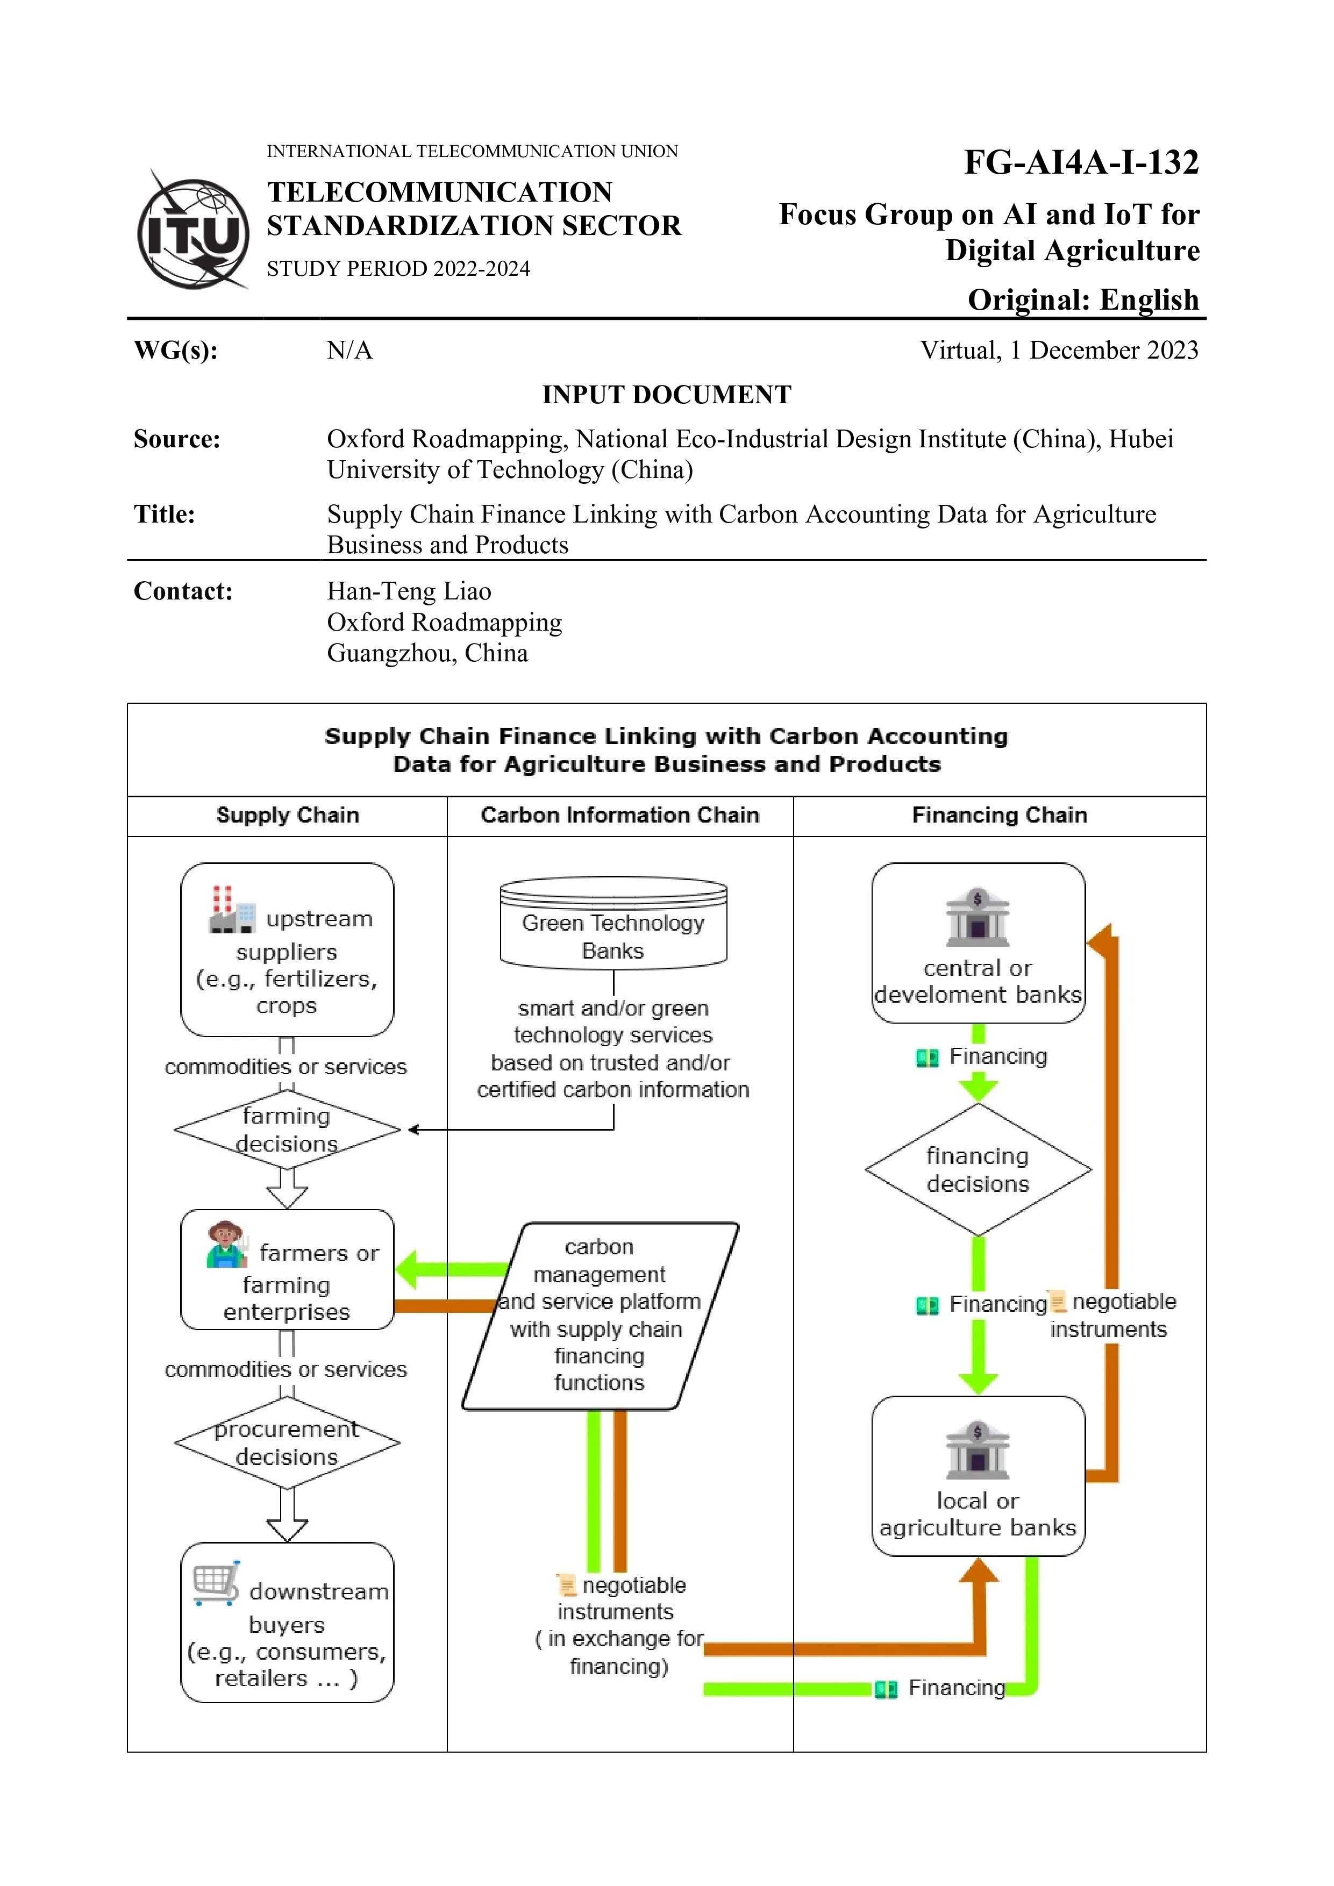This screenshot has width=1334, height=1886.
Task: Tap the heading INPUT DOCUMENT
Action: click(x=666, y=395)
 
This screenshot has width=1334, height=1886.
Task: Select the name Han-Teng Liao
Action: click(x=409, y=591)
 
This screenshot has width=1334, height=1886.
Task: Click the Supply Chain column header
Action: click(x=288, y=816)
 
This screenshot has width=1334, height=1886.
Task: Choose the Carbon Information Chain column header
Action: click(x=619, y=816)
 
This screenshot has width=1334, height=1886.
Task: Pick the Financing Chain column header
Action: click(x=999, y=816)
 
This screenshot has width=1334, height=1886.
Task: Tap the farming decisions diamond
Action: click(x=287, y=1130)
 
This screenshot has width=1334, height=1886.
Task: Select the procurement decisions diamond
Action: click(x=287, y=1443)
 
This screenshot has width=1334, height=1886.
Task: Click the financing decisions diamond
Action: click(x=978, y=1170)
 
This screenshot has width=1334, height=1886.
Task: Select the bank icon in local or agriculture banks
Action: click(x=978, y=1450)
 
